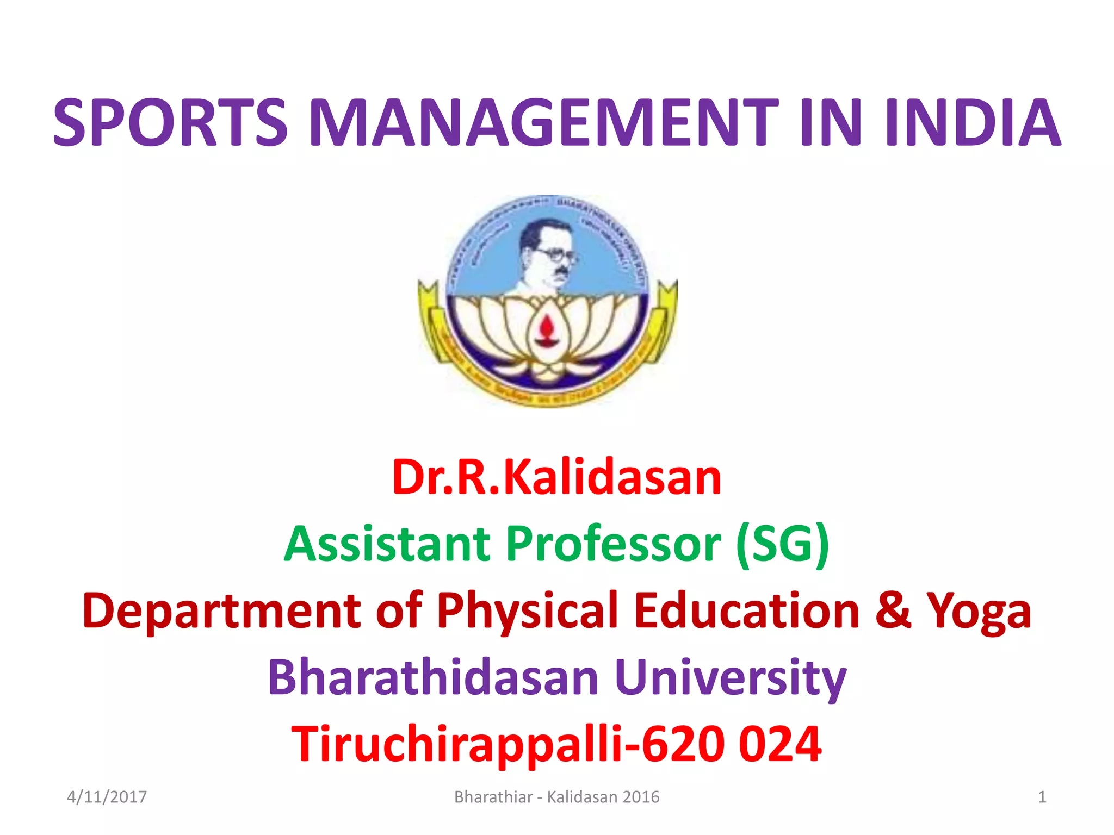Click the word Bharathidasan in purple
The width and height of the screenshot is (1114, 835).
[433, 677]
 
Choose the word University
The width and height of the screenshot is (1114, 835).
[731, 678]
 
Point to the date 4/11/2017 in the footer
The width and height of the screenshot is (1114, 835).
[107, 797]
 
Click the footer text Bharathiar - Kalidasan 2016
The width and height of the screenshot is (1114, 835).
[556, 797]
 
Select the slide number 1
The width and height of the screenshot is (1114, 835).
[1042, 797]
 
